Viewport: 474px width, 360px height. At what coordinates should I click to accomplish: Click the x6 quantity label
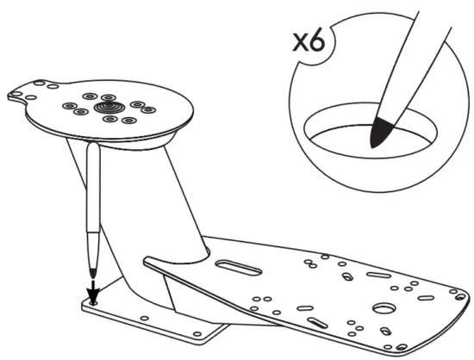pos(309,40)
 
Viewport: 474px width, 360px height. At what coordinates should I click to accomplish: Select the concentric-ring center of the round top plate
pos(110,107)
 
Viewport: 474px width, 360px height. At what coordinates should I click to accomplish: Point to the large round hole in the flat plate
pos(384,307)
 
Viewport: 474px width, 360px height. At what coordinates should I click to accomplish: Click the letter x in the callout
pos(301,41)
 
